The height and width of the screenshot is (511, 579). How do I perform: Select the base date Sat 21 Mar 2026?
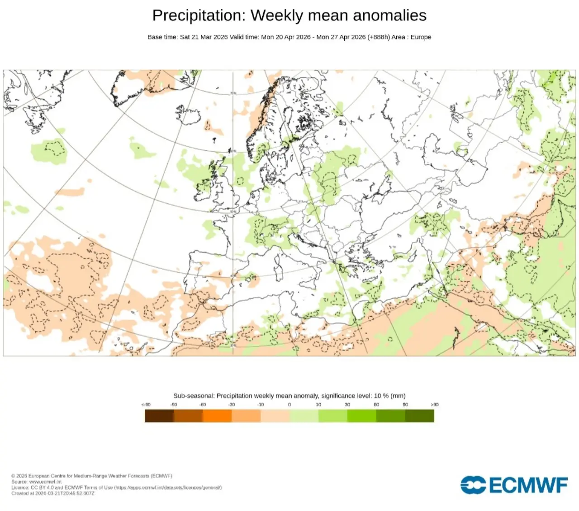(x=204, y=37)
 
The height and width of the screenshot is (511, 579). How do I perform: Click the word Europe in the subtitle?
(x=421, y=37)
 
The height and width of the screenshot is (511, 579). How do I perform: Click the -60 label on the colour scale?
(x=203, y=405)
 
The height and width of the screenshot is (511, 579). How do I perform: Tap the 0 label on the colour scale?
(x=289, y=405)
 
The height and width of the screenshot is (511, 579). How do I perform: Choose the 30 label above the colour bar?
(x=347, y=405)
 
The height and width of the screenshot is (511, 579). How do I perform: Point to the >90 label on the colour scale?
(x=434, y=405)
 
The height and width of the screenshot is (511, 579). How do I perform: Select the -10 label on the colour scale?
(x=261, y=405)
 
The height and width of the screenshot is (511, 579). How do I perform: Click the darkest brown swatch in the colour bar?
(x=159, y=416)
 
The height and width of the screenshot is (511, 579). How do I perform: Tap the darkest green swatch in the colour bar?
(x=420, y=416)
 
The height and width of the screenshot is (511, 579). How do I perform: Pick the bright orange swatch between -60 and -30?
(x=217, y=416)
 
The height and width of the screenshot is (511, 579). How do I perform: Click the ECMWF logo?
(x=514, y=485)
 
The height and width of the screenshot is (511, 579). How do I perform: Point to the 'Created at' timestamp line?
(x=53, y=493)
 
